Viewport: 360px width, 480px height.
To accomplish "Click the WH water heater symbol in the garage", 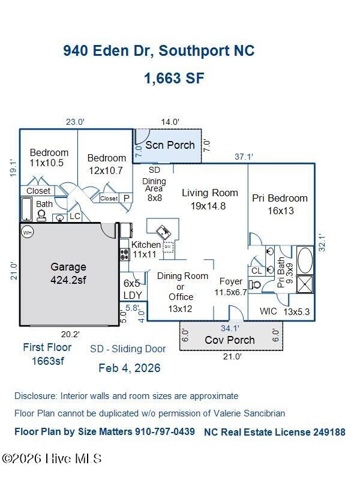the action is coord(28,233).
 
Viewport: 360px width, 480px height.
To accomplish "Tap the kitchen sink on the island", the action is coord(164,232).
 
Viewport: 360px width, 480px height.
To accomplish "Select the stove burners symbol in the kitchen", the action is coord(124,254).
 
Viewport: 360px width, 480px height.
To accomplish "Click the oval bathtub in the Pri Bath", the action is coord(305,260).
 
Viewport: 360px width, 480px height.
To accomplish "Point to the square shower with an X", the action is coord(305,284).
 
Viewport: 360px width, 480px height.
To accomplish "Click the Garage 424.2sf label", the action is coord(68,273).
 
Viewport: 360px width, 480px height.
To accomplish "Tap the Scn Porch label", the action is coord(170,145).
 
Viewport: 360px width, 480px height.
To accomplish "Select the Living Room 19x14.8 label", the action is coord(209,199).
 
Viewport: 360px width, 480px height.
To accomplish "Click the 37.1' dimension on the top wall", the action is coord(244,157).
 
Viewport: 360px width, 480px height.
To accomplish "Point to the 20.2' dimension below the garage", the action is coord(70,334).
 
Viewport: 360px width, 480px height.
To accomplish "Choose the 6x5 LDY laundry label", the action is coord(133,289).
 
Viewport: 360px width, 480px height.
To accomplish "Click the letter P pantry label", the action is coord(127,199).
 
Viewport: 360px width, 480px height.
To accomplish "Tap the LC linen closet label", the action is coord(74,216).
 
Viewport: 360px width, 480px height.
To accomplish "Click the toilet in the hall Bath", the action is coord(41,215).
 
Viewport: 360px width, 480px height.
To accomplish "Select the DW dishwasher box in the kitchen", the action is coord(168,247).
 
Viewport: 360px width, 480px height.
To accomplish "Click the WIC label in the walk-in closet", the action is coord(268,311).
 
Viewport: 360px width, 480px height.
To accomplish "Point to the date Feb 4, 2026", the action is coord(130,368).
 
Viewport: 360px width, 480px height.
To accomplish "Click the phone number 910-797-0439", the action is coord(163,431).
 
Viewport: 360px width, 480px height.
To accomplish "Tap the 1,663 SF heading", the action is coord(174,78).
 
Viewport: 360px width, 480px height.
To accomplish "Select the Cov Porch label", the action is coord(230,340).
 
